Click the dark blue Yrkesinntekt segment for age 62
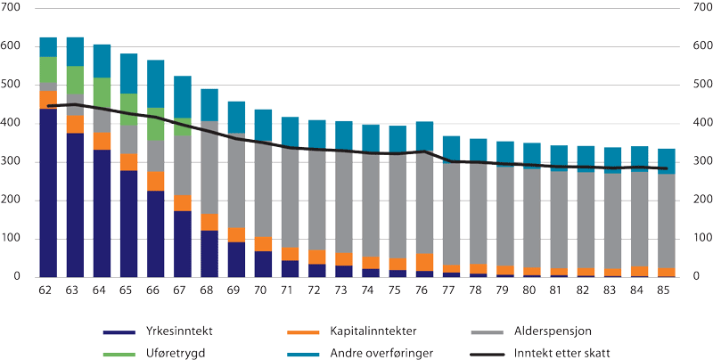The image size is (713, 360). pos(48,192)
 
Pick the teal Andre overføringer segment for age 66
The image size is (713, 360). pos(155,84)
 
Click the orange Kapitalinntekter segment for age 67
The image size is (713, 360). pos(182,202)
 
